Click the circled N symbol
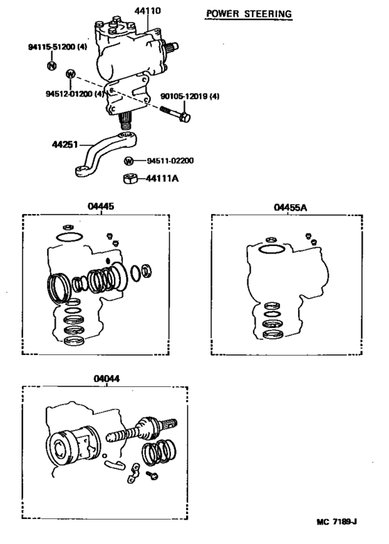point(51,65)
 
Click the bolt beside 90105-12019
point(174,113)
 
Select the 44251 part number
point(64,146)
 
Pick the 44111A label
point(161,178)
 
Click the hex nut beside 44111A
point(129,179)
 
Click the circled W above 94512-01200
point(70,74)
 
